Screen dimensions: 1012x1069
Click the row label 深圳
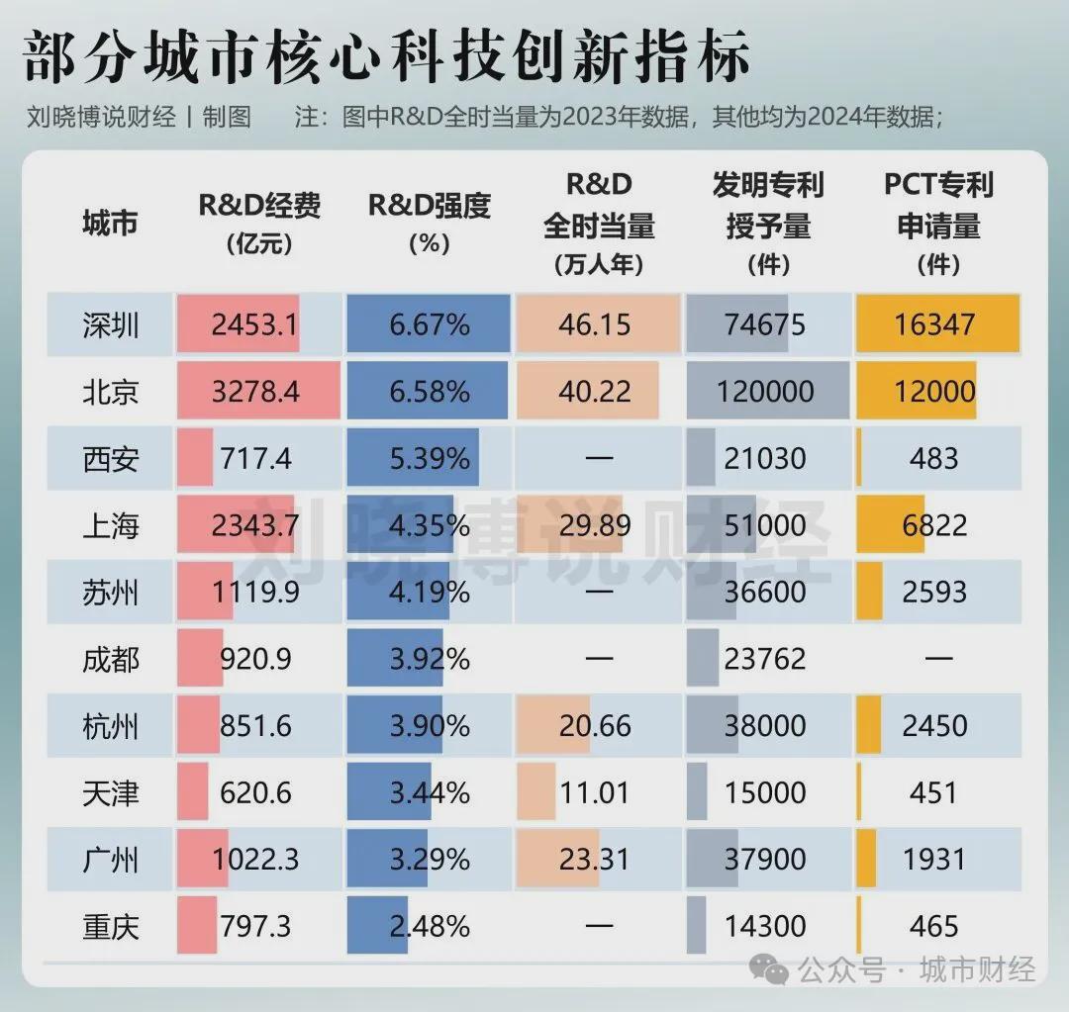(111, 325)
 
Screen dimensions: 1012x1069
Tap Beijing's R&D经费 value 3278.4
(255, 392)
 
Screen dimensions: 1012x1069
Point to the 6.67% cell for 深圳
(430, 325)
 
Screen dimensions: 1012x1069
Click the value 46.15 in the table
(595, 325)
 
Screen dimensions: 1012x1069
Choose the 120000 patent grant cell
(765, 392)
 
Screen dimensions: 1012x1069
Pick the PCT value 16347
(934, 325)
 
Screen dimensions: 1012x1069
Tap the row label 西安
(111, 459)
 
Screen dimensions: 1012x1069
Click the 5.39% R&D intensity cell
(430, 459)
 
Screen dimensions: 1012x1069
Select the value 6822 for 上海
(934, 525)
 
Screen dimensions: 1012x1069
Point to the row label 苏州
(111, 593)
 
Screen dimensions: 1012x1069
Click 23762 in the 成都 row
(765, 659)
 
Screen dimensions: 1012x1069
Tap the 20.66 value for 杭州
(595, 726)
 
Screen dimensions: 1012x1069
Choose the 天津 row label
(111, 792)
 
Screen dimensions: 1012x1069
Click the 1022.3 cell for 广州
(255, 859)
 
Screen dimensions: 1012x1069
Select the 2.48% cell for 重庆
(430, 926)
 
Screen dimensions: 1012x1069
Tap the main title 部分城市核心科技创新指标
(386, 57)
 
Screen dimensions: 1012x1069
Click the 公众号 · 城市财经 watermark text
(916, 969)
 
